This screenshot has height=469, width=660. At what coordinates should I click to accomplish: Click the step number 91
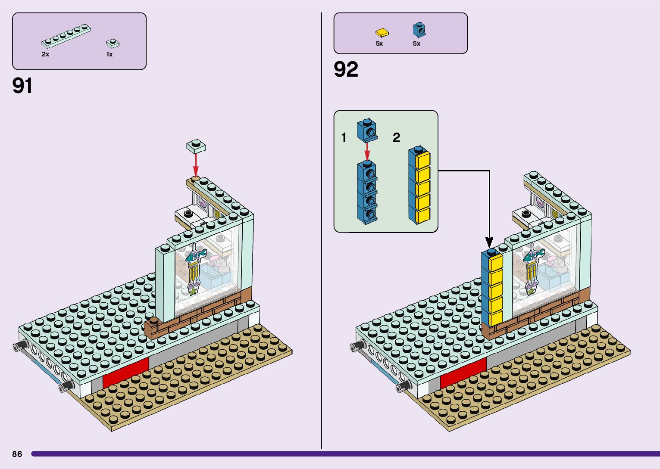pos(22,86)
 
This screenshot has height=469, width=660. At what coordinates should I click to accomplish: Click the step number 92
pos(346,69)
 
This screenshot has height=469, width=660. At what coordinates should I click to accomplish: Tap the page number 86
pos(17,454)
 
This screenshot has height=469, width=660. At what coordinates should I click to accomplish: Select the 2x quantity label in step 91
pos(45,54)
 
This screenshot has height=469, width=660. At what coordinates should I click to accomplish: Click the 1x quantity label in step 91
pos(109,54)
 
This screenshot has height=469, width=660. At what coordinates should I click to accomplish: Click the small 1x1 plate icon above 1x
pos(113,43)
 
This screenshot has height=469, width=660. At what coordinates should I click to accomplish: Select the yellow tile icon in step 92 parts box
pos(382,32)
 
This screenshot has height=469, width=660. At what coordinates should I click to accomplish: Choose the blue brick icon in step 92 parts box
pos(419,30)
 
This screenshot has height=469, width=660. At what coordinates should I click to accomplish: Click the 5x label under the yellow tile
pos(379,43)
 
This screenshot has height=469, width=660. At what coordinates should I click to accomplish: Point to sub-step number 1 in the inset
pos(344,138)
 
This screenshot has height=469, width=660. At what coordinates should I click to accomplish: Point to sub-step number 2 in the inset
pos(396,138)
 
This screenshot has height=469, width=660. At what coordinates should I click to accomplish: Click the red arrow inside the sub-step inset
pos(367,151)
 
